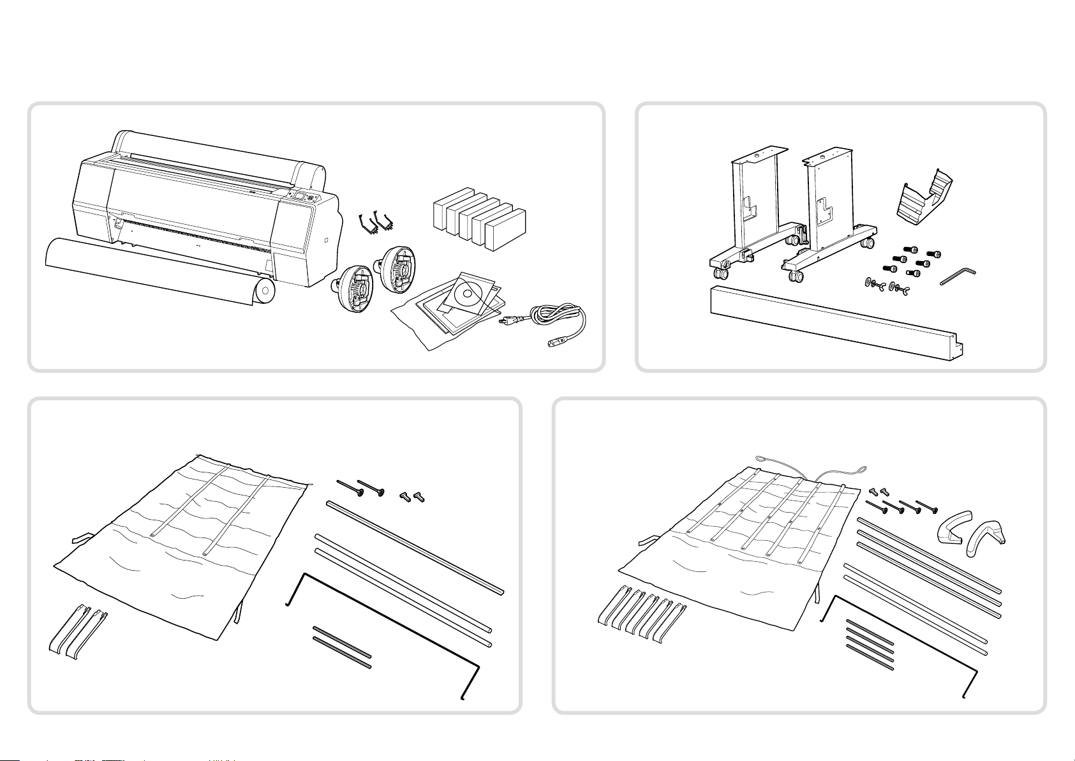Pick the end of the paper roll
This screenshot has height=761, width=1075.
click(263, 292)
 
